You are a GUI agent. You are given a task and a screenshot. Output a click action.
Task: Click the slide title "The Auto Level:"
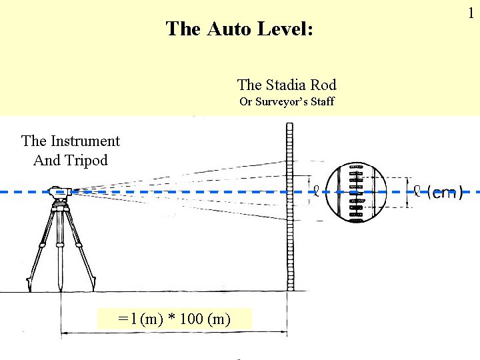click(x=239, y=29)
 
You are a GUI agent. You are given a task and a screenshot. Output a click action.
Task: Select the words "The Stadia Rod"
click(x=287, y=85)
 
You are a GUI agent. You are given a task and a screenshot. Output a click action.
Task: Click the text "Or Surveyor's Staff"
click(x=287, y=102)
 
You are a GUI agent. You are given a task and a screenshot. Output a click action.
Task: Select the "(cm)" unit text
click(x=445, y=193)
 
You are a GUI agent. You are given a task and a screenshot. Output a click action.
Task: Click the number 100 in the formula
click(x=191, y=319)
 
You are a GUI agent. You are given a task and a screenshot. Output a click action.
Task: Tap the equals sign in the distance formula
click(x=122, y=319)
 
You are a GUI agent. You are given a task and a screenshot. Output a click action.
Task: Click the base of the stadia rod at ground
click(x=290, y=288)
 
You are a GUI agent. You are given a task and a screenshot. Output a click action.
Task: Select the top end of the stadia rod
click(x=290, y=125)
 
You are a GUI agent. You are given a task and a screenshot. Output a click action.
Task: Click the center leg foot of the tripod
click(x=61, y=288)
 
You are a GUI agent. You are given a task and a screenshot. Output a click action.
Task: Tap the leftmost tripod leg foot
click(x=29, y=289)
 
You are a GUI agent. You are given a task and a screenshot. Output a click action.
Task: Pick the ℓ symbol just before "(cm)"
click(x=417, y=191)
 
